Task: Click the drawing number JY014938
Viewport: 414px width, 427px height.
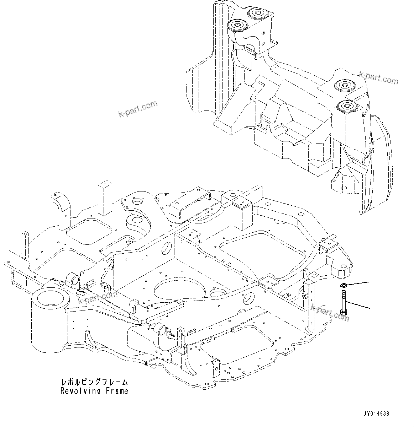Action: pyautogui.click(x=376, y=414)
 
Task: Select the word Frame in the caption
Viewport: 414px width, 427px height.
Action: pyautogui.click(x=117, y=391)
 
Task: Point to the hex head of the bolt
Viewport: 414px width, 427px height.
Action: pyautogui.click(x=344, y=312)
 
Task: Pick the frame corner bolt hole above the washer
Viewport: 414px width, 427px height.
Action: pyautogui.click(x=344, y=266)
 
